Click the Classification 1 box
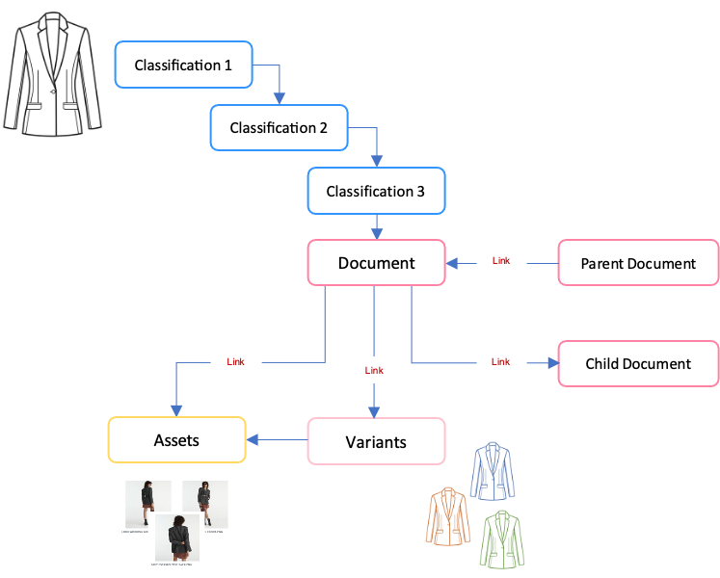pyautogui.click(x=183, y=66)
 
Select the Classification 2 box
pyautogui.click(x=280, y=128)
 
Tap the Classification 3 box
pyautogui.click(x=376, y=191)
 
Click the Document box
pyautogui.click(x=376, y=263)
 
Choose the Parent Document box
pyautogui.click(x=638, y=263)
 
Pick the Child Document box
pyautogui.click(x=638, y=364)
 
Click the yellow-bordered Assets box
pyautogui.click(x=176, y=440)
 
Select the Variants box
pyautogui.click(x=376, y=442)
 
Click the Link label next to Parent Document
pyautogui.click(x=501, y=261)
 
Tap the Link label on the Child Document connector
pyautogui.click(x=500, y=362)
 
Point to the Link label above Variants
pyautogui.click(x=375, y=370)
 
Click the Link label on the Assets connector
pyautogui.click(x=235, y=362)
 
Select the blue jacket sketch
pyautogui.click(x=493, y=469)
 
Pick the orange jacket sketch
pyautogui.click(x=447, y=516)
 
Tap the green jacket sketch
pyautogui.click(x=503, y=540)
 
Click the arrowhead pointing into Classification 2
pyautogui.click(x=280, y=98)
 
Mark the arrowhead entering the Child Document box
pyautogui.click(x=552, y=363)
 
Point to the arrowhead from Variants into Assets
pyautogui.click(x=253, y=441)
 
